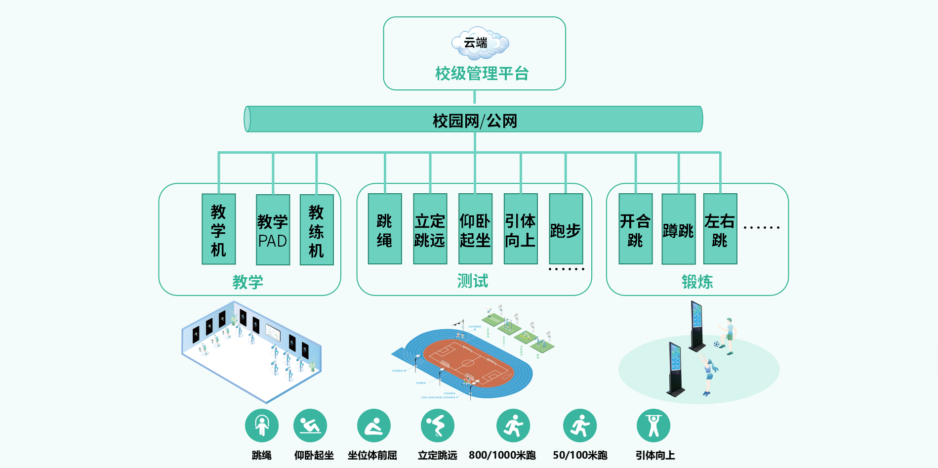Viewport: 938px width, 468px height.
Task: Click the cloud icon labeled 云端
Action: pos(480,43)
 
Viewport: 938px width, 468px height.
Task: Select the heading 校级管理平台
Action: pos(482,74)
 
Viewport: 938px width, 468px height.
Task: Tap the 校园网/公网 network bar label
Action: pos(475,121)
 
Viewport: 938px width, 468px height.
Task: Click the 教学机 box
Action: pos(218,229)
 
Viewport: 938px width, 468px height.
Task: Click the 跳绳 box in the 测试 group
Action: pos(384,229)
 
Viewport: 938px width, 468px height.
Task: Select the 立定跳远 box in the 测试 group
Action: pos(430,229)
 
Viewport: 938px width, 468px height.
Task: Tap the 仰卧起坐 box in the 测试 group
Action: pos(475,229)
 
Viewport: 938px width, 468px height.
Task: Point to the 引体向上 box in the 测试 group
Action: pos(521,229)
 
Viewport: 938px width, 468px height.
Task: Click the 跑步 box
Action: pos(566,229)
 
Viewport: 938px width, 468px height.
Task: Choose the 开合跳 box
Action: pos(635,229)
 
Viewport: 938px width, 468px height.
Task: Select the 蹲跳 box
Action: pos(678,229)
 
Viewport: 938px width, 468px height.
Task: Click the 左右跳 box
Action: pos(720,229)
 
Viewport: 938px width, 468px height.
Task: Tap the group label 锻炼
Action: pos(697,282)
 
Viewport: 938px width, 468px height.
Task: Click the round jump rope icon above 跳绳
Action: pos(262,425)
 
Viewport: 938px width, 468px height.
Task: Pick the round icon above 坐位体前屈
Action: pos(374,425)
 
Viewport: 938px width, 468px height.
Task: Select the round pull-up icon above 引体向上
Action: pos(653,425)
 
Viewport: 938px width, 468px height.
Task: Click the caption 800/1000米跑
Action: pos(502,455)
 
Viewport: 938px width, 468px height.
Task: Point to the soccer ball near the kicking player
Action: pos(716,344)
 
